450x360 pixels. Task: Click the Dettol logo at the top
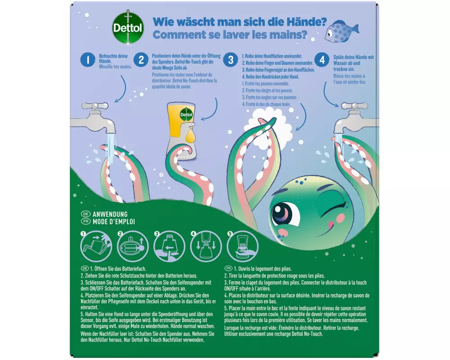(x=128, y=27)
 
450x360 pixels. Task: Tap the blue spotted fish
(x=342, y=31)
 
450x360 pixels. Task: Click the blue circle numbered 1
(x=88, y=60)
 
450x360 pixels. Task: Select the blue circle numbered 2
(x=141, y=60)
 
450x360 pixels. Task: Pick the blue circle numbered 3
(x=231, y=60)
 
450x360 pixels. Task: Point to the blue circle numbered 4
(x=322, y=60)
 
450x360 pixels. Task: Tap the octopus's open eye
(x=282, y=215)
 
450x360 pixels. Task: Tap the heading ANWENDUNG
(x=110, y=214)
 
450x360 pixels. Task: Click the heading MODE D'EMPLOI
(x=114, y=222)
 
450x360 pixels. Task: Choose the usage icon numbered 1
(x=96, y=246)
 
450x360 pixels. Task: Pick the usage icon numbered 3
(x=169, y=246)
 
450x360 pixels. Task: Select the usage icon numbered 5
(x=243, y=246)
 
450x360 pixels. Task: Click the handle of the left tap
(x=95, y=106)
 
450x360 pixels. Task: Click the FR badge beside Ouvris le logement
(x=228, y=268)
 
